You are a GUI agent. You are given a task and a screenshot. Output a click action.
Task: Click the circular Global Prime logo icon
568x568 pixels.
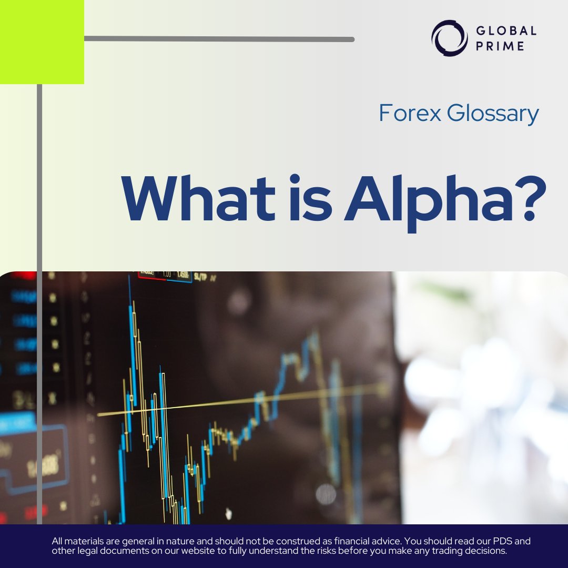450,38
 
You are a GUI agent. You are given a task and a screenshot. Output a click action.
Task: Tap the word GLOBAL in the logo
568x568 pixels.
506,31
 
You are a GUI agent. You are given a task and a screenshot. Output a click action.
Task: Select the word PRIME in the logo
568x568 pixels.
500,46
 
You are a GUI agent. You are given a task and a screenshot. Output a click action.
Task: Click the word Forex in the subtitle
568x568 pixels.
410,114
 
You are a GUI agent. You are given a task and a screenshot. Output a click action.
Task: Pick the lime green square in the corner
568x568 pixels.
42,42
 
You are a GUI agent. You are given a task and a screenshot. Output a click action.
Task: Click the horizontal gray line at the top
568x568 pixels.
219,39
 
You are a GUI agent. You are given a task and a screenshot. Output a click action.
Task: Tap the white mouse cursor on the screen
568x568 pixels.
228,513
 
